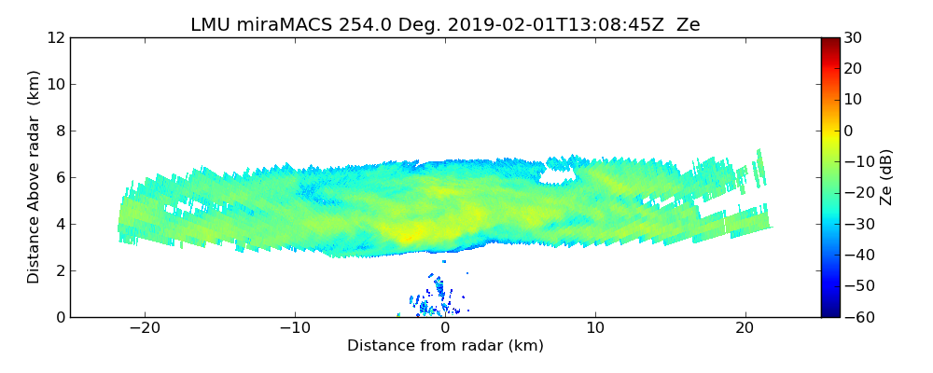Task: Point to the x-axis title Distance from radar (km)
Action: pyautogui.click(x=445, y=346)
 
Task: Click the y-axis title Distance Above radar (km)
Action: pyautogui.click(x=35, y=176)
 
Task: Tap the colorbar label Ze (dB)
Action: pyautogui.click(x=886, y=177)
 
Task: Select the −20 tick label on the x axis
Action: pyautogui.click(x=145, y=329)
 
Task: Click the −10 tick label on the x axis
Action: pyautogui.click(x=295, y=329)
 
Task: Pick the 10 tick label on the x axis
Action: pyautogui.click(x=595, y=329)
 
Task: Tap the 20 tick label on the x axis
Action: pyautogui.click(x=745, y=329)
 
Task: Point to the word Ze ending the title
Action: pyautogui.click(x=689, y=25)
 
